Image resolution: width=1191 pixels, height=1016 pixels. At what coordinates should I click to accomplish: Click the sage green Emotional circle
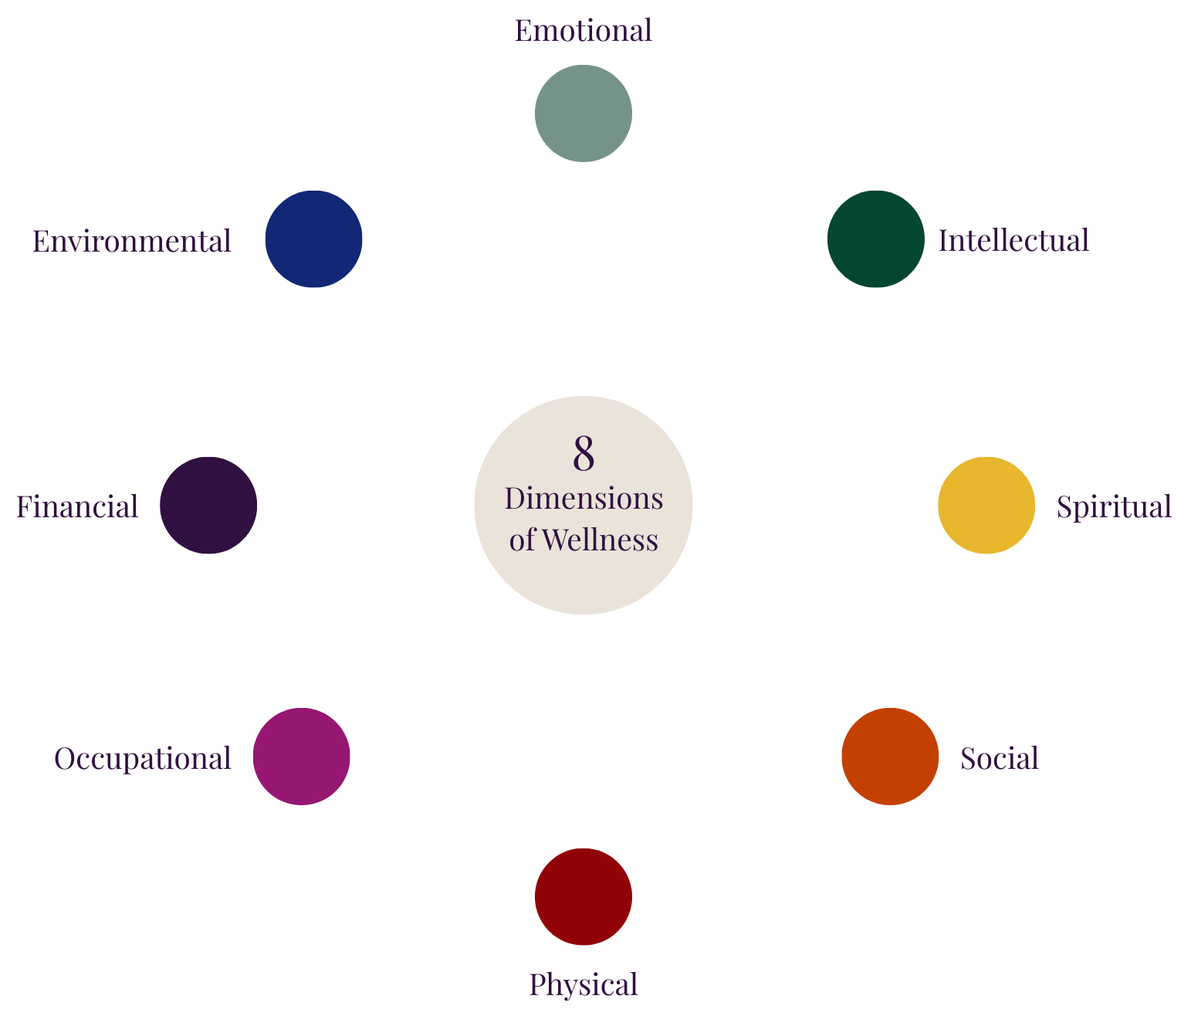click(x=584, y=113)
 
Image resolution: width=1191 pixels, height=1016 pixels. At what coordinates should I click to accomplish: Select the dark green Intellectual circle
click(x=875, y=239)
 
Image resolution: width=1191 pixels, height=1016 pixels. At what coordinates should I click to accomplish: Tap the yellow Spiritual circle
click(x=986, y=505)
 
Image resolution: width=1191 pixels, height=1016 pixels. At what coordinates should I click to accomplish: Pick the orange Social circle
click(x=890, y=757)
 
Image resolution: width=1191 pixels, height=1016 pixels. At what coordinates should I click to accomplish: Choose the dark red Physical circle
click(x=584, y=896)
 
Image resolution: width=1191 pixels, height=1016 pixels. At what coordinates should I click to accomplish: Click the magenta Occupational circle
click(x=301, y=757)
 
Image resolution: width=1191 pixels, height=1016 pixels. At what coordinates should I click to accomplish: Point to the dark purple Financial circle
click(x=208, y=505)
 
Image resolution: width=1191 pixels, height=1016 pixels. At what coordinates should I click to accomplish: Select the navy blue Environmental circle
click(x=313, y=239)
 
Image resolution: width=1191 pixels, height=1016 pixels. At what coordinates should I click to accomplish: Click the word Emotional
click(x=584, y=31)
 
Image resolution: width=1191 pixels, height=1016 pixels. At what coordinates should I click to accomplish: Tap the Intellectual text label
click(x=1013, y=240)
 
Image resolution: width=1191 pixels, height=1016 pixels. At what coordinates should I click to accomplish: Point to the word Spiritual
click(x=1114, y=507)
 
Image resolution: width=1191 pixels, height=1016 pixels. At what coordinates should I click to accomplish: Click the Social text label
click(x=999, y=759)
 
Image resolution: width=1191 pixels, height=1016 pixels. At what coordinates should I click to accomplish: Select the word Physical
click(x=584, y=985)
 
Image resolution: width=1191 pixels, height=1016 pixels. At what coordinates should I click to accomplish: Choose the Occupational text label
click(x=143, y=759)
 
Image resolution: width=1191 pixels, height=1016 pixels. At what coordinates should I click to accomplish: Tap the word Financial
click(x=77, y=507)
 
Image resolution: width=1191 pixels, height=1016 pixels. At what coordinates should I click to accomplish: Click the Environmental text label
click(x=131, y=242)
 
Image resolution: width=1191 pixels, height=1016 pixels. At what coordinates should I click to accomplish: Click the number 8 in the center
click(x=584, y=454)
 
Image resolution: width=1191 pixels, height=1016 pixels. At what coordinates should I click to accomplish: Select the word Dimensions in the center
click(x=584, y=499)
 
